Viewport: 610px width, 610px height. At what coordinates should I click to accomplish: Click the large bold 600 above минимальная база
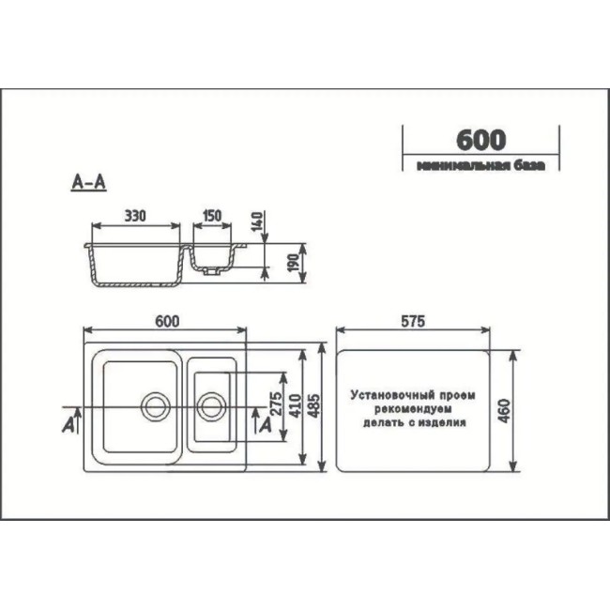481,140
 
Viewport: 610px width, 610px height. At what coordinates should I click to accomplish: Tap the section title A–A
89,182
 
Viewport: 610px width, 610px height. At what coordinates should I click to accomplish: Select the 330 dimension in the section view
135,216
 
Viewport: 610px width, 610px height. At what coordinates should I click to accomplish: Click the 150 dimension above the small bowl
212,216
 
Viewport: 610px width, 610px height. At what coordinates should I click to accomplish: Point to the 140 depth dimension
257,221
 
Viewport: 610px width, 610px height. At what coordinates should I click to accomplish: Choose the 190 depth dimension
294,263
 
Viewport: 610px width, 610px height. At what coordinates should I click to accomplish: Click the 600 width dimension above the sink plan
167,321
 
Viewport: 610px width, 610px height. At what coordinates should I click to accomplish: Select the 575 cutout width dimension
413,321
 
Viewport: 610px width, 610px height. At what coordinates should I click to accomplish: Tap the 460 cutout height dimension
504,411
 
